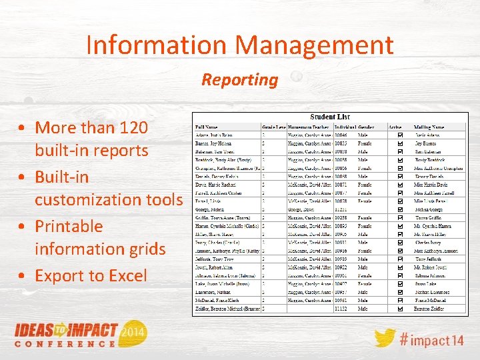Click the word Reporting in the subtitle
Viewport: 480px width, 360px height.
click(x=240, y=80)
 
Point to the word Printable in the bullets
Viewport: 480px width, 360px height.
click(x=69, y=226)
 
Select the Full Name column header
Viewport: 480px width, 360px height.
click(x=207, y=127)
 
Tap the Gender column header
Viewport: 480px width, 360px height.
click(x=367, y=127)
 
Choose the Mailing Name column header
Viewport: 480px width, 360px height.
click(x=429, y=127)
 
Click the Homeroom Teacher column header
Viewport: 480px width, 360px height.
click(x=309, y=127)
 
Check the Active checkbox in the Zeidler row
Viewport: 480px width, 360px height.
click(x=399, y=309)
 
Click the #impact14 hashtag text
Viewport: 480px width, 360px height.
click(x=432, y=339)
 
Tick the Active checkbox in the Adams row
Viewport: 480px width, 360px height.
click(x=399, y=135)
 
